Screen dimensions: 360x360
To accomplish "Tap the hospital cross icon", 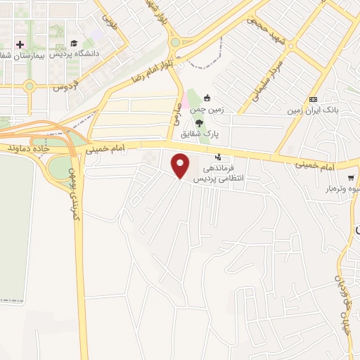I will (20, 44).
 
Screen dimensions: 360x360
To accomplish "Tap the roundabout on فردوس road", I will (29, 86).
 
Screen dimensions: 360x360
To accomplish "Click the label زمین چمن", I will (207, 110).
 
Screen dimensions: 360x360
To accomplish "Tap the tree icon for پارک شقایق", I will (200, 122).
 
